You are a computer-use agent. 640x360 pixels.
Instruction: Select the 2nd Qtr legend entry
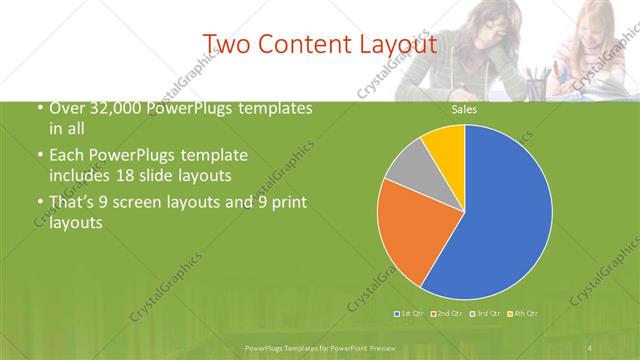point(446,314)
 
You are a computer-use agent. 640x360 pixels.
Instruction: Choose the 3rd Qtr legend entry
point(485,314)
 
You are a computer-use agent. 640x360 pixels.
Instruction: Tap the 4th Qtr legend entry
point(523,314)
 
